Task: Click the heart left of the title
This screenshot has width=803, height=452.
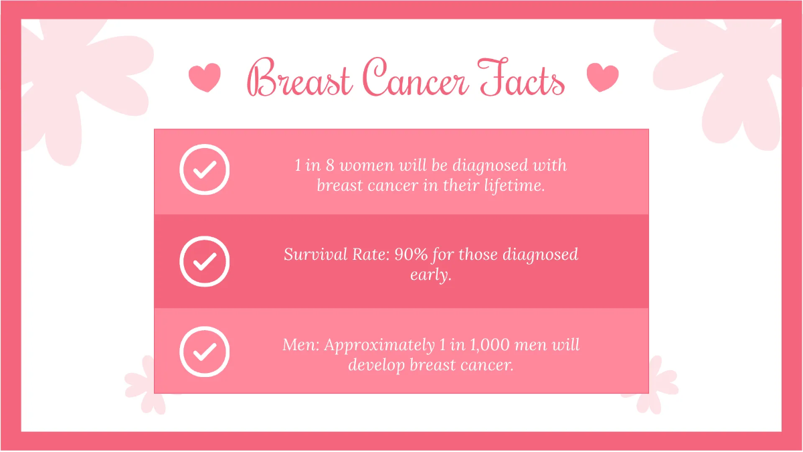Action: point(204,78)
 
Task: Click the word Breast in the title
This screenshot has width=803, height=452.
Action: point(300,79)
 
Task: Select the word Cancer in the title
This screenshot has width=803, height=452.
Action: point(416,79)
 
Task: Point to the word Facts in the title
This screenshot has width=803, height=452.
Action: point(522,79)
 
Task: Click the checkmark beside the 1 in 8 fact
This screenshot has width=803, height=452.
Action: point(205,169)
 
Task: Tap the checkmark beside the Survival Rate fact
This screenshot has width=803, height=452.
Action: point(205,261)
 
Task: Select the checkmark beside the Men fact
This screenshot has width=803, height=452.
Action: point(205,352)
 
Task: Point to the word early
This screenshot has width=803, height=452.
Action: point(430,275)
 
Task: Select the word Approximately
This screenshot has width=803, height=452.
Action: point(379,346)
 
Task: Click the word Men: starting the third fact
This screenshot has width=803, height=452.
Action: point(302,346)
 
